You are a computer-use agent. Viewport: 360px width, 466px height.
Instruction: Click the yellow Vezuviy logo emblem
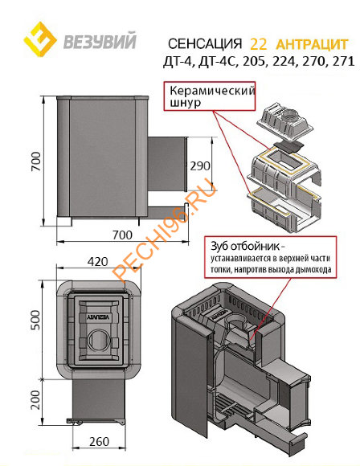tap(41, 39)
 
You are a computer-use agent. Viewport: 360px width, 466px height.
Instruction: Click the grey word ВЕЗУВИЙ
tap(100, 41)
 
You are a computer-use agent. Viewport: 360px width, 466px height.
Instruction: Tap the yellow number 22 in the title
tap(258, 44)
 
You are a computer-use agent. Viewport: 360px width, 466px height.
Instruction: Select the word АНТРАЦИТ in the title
tap(312, 44)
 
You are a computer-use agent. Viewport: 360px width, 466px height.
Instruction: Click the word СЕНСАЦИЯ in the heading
tap(205, 44)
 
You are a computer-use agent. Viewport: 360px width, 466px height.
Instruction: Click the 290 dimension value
tap(200, 166)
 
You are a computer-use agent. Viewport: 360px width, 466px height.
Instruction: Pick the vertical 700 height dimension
tap(35, 161)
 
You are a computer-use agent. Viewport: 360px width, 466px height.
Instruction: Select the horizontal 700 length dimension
tap(122, 235)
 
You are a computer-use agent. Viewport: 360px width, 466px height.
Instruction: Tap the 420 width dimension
tap(98, 262)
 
